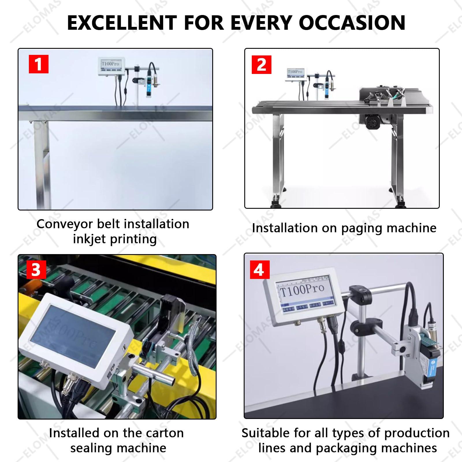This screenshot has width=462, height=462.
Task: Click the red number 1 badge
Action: [x=39, y=64]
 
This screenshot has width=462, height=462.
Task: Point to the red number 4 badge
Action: [x=259, y=270]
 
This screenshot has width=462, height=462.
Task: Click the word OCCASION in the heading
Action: [x=352, y=23]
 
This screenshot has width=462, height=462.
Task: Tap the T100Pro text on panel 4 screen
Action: [x=302, y=290]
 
